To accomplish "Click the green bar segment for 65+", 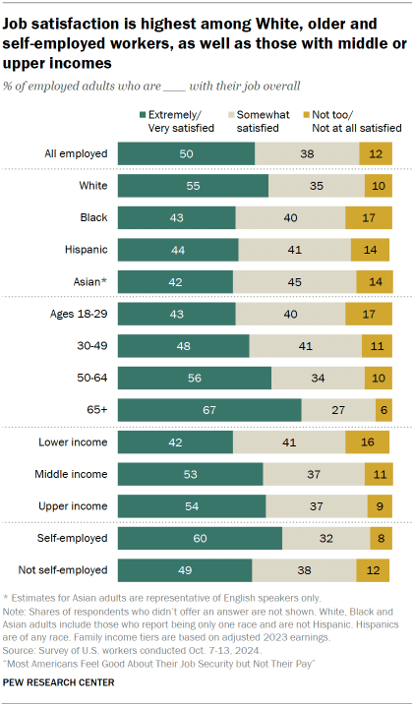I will click(209, 409).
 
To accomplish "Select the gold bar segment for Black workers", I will click(369, 217).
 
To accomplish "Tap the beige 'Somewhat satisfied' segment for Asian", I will click(293, 282).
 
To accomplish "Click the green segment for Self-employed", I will click(200, 538).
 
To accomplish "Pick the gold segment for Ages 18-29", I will click(369, 314).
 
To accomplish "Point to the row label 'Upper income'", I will click(73, 505).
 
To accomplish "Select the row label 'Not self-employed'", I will click(63, 570).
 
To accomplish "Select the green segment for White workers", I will click(193, 186).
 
